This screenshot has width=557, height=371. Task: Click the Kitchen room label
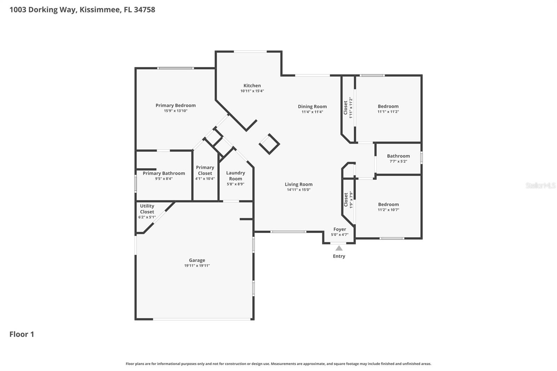(252, 86)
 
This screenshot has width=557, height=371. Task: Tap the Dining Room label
(312, 107)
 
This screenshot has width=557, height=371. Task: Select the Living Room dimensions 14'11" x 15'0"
(298, 190)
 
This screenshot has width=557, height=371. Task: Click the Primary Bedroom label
(175, 105)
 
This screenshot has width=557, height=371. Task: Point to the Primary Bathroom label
(164, 173)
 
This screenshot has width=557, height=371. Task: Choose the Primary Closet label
(205, 170)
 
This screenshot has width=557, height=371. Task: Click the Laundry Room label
(235, 176)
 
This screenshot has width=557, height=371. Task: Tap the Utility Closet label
(147, 209)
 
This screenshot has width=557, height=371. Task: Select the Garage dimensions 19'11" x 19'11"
(197, 266)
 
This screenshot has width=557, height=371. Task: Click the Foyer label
(339, 229)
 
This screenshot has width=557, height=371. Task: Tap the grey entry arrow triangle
(339, 248)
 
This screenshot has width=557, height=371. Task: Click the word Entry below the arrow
(339, 256)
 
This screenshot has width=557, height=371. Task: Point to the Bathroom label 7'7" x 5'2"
(398, 156)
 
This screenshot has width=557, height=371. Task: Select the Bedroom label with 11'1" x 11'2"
(388, 106)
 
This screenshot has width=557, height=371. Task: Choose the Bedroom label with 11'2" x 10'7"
(388, 205)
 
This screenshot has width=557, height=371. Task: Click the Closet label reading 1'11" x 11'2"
(346, 108)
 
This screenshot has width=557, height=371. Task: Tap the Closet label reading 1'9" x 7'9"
(346, 200)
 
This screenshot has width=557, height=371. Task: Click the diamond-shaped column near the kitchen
(269, 144)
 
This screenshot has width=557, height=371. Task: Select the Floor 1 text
(22, 334)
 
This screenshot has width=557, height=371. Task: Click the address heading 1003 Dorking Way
(82, 9)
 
